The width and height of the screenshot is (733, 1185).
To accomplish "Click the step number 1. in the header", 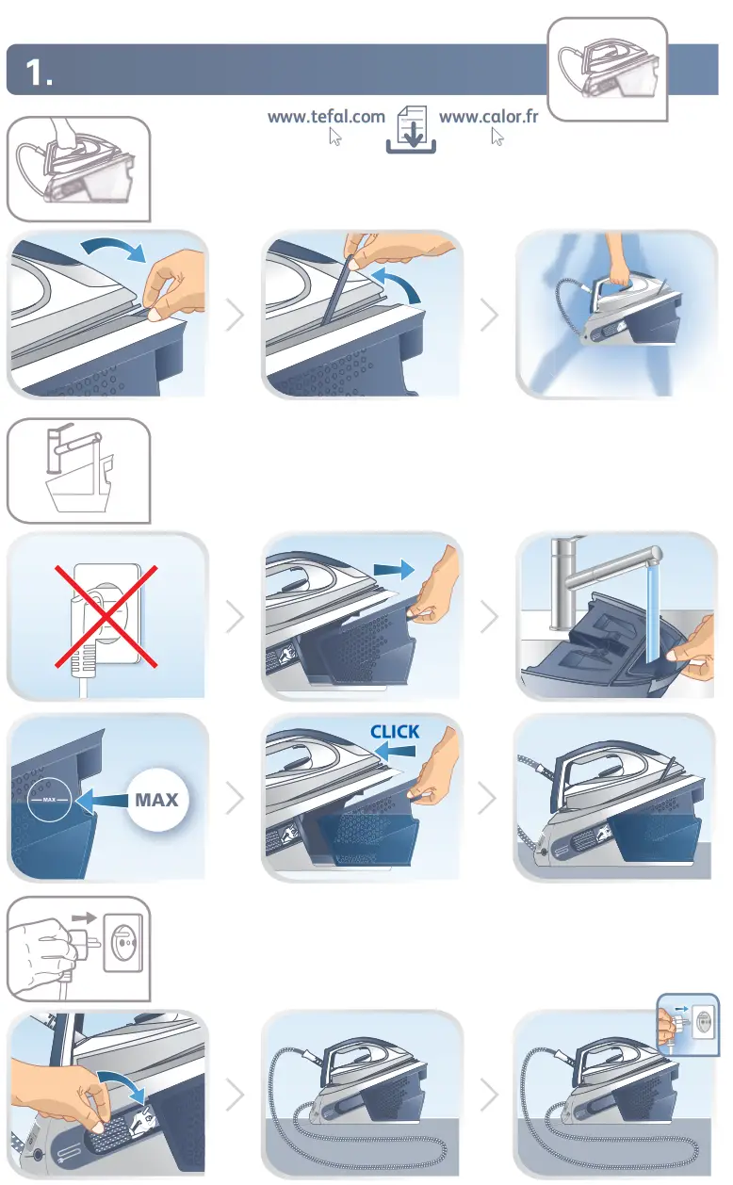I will coord(39,73).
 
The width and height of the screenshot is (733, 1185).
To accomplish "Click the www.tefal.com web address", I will coord(326,117).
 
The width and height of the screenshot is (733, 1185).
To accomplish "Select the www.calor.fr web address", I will coord(488,117).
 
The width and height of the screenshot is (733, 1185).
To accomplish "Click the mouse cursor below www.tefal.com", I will coord(334,138).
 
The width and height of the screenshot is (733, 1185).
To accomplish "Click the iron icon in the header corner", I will coord(607,69).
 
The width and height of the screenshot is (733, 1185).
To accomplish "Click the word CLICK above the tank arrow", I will coord(395,731).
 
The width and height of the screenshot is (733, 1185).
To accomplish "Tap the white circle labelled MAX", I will coord(158,800).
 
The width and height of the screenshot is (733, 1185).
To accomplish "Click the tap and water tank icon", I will coord(79,470).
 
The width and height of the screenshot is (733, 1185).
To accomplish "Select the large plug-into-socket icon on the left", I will coord(79,948).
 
